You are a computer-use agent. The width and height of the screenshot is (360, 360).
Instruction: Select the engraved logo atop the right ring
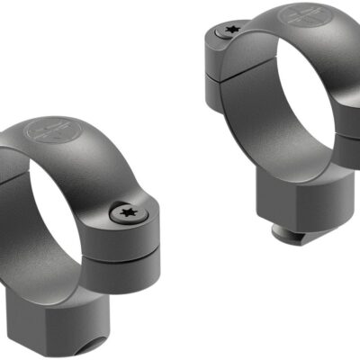pos(300,16)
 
